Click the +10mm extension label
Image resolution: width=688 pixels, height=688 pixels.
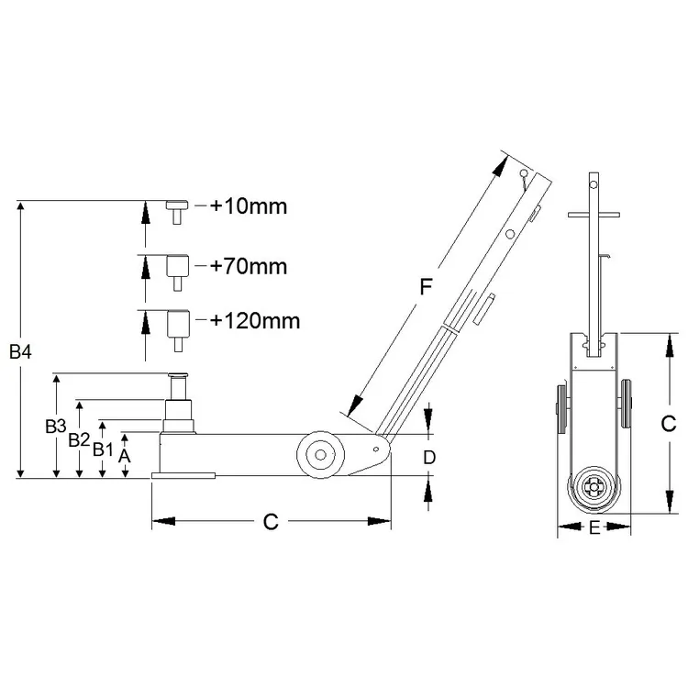pyautogui.click(x=249, y=206)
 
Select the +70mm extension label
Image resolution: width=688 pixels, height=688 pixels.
pyautogui.click(x=249, y=266)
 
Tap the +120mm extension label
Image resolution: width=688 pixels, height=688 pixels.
pyautogui.click(x=255, y=321)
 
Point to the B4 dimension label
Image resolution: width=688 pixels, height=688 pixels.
pyautogui.click(x=20, y=351)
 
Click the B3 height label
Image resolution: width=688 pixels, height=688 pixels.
pyautogui.click(x=56, y=426)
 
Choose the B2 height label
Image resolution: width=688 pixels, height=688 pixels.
pyautogui.click(x=79, y=439)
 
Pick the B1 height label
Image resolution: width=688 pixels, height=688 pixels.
pyautogui.click(x=103, y=449)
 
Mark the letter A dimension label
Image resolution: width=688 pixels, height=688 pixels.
pyautogui.click(x=125, y=456)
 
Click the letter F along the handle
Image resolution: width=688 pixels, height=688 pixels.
pyautogui.click(x=426, y=287)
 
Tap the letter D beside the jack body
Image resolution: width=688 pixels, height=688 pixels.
pyautogui.click(x=429, y=458)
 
